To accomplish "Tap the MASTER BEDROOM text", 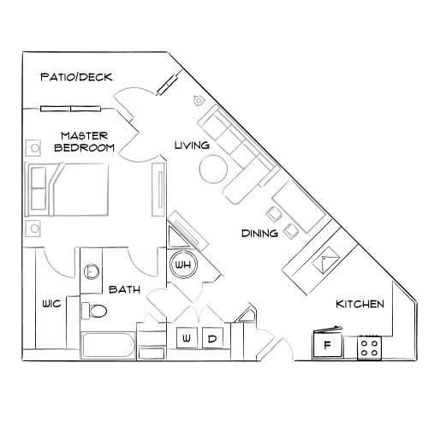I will pyautogui.click(x=84, y=141).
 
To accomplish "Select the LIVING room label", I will pyautogui.click(x=192, y=146).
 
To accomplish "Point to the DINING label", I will pyautogui.click(x=259, y=233).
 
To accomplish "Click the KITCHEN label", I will pyautogui.click(x=360, y=305).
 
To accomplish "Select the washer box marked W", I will pyautogui.click(x=186, y=340).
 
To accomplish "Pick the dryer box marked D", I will pyautogui.click(x=212, y=340).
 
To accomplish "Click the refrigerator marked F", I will pyautogui.click(x=325, y=347).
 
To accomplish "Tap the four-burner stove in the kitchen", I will pyautogui.click(x=370, y=347).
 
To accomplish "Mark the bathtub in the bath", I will pyautogui.click(x=108, y=347).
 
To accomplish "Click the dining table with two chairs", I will pyautogui.click(x=289, y=211).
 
